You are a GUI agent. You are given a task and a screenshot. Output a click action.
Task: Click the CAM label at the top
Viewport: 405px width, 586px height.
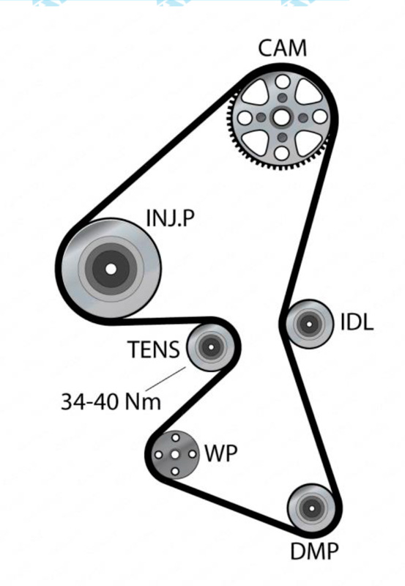pyautogui.click(x=283, y=49)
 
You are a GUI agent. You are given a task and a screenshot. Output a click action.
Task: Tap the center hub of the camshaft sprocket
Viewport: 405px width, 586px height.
pyautogui.click(x=283, y=117)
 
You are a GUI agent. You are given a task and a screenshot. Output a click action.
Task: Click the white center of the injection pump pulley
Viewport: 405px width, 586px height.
pyautogui.click(x=110, y=268)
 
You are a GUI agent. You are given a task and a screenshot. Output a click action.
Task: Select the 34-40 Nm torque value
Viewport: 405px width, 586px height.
pyautogui.click(x=110, y=401)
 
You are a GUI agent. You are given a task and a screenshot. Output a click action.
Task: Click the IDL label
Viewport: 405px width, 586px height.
pyautogui.click(x=357, y=323)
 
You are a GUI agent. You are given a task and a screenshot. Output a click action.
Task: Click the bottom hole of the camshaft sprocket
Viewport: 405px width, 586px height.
pyautogui.click(x=283, y=152)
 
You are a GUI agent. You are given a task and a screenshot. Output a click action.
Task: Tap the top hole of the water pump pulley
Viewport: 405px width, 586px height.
pyautogui.click(x=175, y=439)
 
